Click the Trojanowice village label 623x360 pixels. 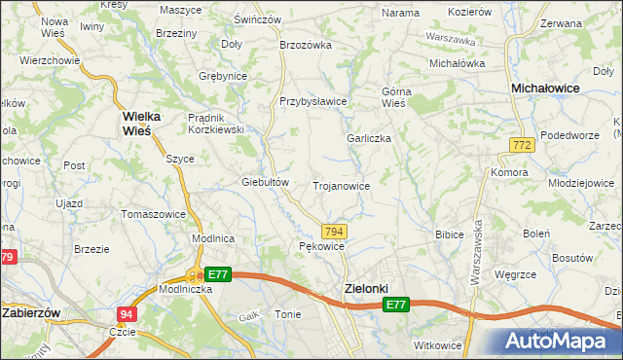coord(340,185)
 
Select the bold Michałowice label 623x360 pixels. coord(546,88)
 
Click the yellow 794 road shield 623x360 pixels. coord(334,231)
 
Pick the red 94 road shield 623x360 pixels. coord(126,314)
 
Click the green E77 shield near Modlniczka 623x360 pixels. coord(217,275)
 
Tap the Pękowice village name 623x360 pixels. coord(321,247)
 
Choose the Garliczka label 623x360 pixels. coord(369,138)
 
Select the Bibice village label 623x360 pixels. coord(449,234)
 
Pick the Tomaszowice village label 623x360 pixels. coord(153,214)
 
